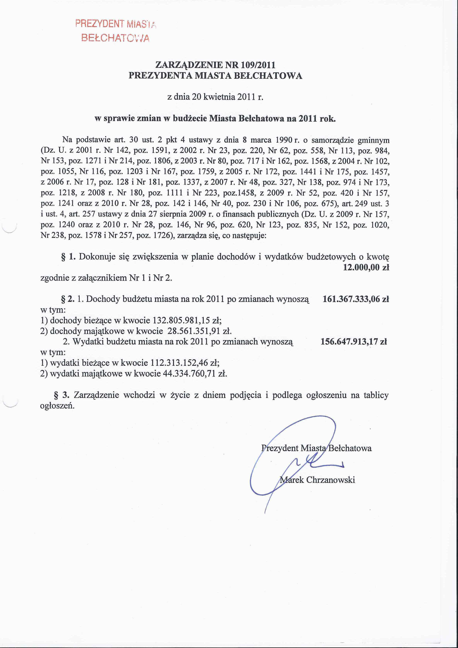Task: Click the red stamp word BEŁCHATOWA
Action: click(x=115, y=38)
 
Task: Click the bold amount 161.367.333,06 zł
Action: click(x=356, y=299)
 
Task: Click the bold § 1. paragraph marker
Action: click(x=68, y=257)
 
